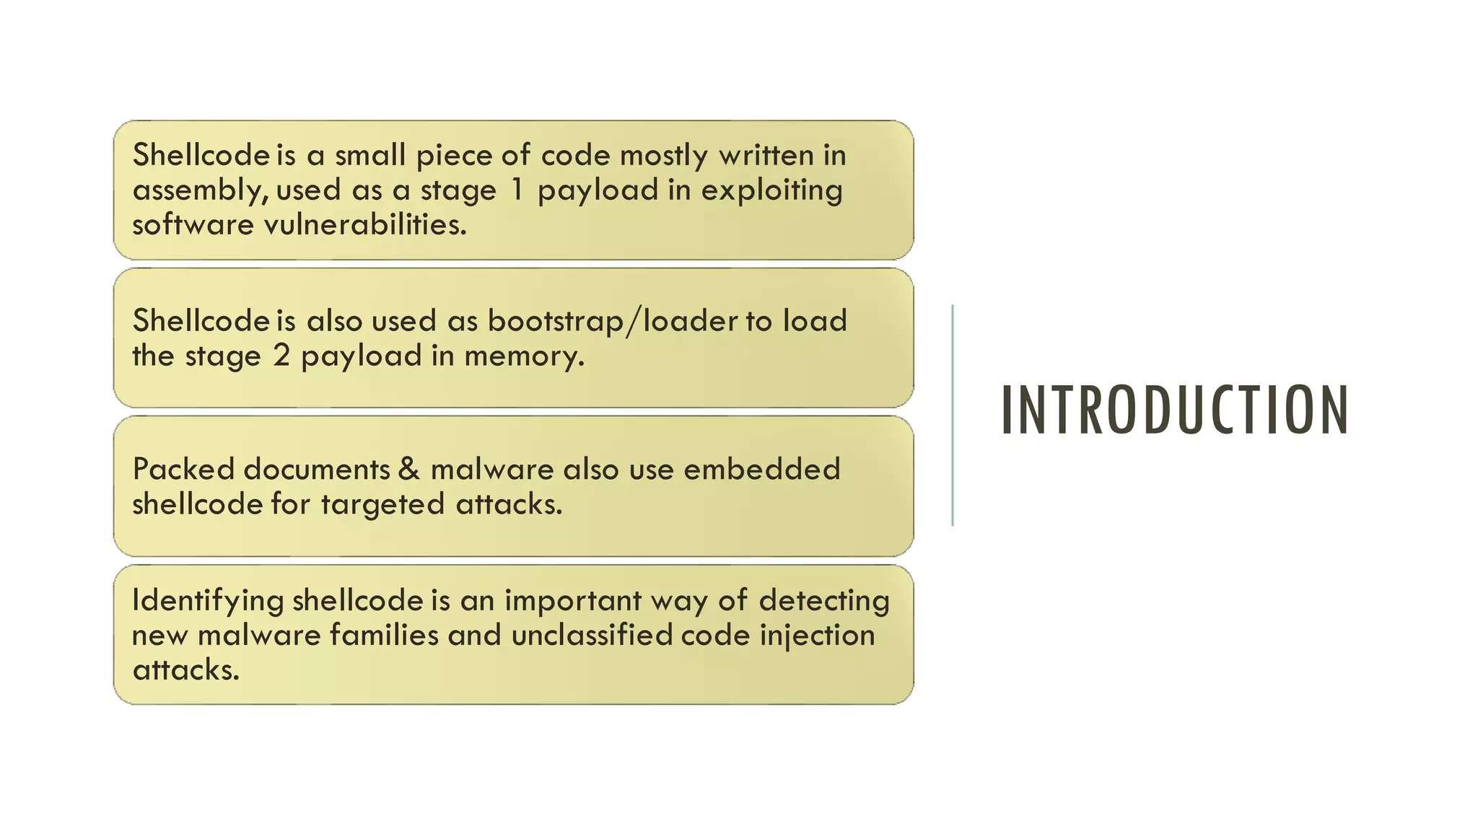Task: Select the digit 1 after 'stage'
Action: [516, 190]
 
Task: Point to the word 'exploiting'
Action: [771, 190]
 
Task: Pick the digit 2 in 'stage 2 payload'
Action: [281, 356]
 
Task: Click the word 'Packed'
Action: [183, 470]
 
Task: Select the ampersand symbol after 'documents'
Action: [408, 469]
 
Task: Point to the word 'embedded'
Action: [762, 469]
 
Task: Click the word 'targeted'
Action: [382, 504]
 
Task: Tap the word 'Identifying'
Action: [208, 601]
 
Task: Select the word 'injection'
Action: [817, 636]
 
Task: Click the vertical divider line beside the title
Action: [953, 415]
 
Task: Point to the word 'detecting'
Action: [824, 601]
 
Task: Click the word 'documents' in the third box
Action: [317, 470]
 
